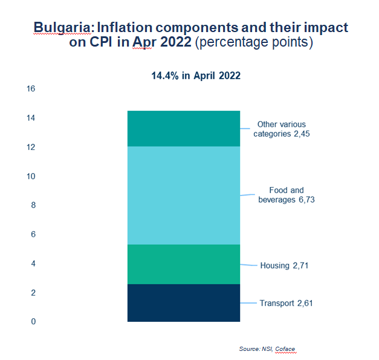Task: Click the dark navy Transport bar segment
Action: point(184,303)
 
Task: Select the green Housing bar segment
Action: point(184,264)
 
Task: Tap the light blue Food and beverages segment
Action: point(184,195)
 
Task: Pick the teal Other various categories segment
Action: point(184,129)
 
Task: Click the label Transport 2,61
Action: point(286,303)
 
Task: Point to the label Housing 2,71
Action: point(284,266)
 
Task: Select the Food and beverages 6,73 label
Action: point(287,195)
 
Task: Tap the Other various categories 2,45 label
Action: point(282,129)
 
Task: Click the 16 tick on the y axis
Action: point(31,89)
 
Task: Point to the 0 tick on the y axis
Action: point(33,321)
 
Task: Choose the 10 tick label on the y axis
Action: point(31,177)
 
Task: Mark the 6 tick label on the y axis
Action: point(33,234)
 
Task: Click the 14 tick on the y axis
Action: point(31,118)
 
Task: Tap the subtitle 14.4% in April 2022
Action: point(196,76)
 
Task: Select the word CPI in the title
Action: point(101,42)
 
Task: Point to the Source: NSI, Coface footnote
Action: point(267,349)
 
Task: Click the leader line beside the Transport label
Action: point(248,303)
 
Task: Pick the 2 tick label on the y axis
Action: point(33,293)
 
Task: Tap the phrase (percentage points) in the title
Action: point(254,42)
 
